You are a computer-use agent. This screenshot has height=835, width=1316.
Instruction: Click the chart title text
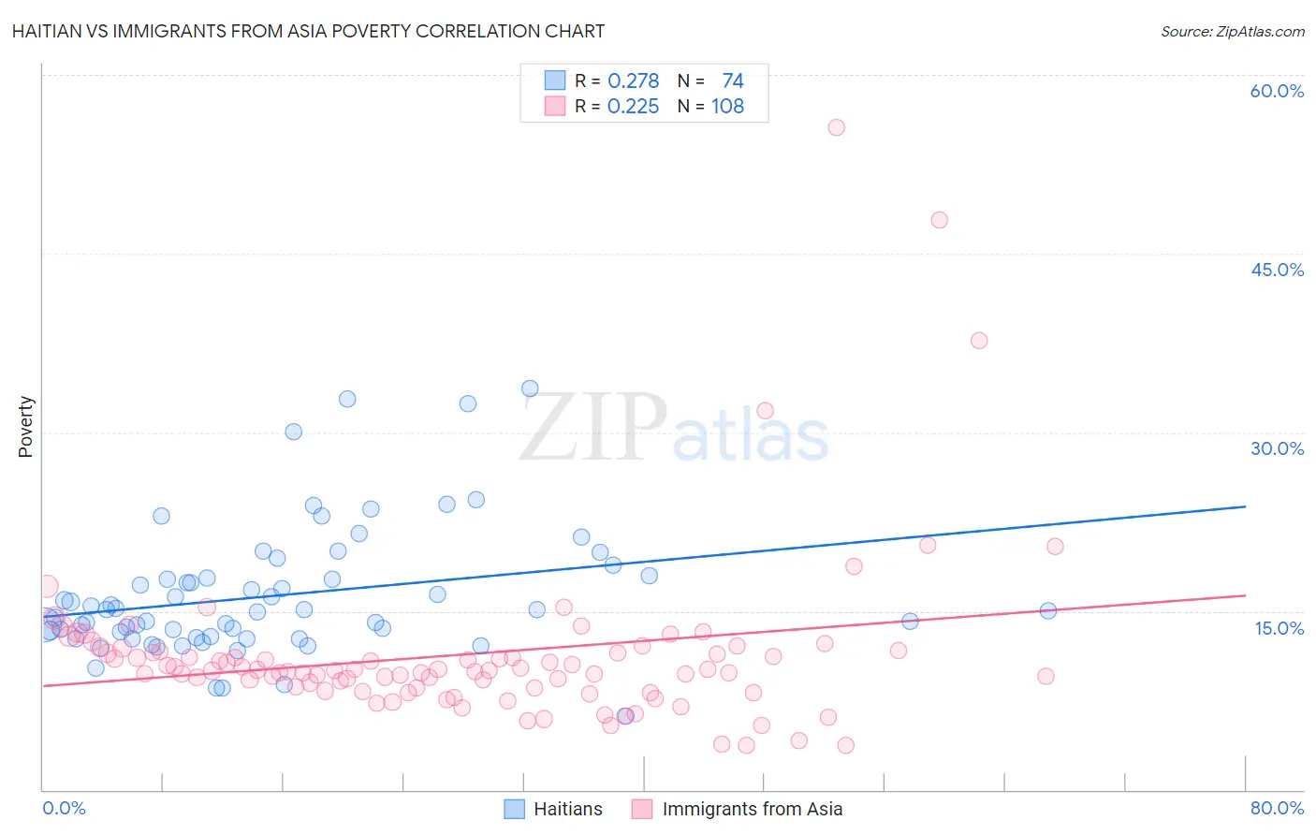(x=308, y=31)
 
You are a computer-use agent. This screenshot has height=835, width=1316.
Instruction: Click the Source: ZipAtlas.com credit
(x=1232, y=31)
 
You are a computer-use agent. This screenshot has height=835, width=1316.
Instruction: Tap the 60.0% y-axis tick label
(x=1277, y=91)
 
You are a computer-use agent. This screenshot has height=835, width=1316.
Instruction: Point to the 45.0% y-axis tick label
(x=1277, y=270)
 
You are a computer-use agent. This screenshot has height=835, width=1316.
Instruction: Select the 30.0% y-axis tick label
(x=1277, y=448)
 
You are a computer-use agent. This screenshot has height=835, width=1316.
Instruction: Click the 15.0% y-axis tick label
(x=1279, y=628)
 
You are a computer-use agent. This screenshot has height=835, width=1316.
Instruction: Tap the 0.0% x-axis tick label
(x=64, y=808)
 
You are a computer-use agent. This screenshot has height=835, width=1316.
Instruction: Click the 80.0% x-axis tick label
(x=1277, y=808)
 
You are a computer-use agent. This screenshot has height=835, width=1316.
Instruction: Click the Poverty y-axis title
(x=25, y=426)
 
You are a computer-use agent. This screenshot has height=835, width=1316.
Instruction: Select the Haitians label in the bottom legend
(x=567, y=809)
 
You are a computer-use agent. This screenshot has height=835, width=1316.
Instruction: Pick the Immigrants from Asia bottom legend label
(x=752, y=809)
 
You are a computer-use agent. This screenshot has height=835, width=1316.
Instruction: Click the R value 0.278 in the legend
(x=633, y=81)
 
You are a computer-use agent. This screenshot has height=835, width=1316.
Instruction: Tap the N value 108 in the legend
(x=727, y=107)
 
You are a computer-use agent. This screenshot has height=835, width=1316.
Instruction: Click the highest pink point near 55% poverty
(x=836, y=127)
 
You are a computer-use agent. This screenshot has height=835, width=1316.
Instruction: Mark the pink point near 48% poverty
(x=939, y=220)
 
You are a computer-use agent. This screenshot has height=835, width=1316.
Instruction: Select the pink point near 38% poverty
(x=979, y=341)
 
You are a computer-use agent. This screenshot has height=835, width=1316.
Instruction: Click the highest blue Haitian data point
(x=530, y=388)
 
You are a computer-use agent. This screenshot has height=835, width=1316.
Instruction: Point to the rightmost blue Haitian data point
(x=1048, y=610)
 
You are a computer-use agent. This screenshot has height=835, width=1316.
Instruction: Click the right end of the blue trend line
(x=1245, y=506)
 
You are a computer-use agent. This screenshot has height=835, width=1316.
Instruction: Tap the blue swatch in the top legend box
(x=555, y=81)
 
